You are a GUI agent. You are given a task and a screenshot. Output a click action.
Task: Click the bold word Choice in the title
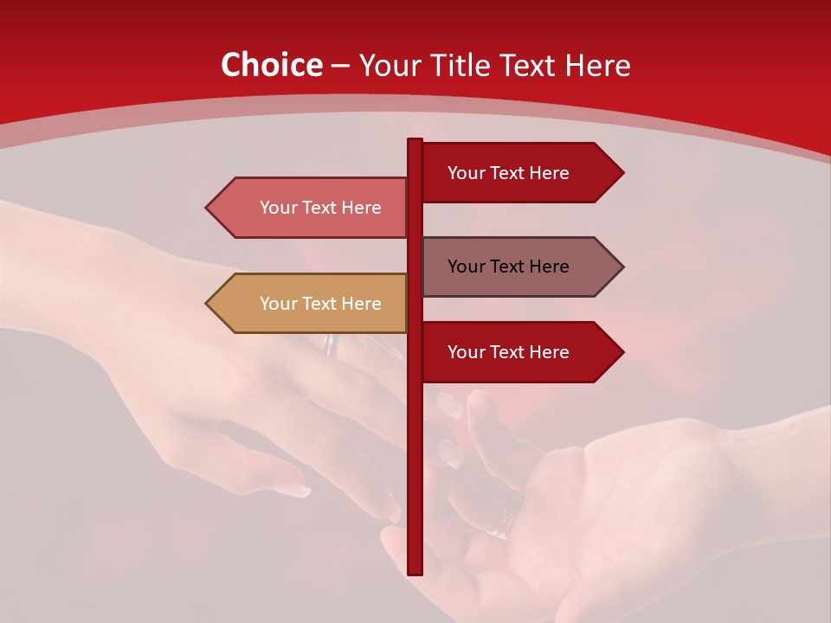pos(271,66)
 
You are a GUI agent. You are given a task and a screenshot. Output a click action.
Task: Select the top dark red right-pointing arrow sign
pos(520,173)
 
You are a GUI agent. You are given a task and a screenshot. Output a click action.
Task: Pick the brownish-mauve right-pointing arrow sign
pos(520,267)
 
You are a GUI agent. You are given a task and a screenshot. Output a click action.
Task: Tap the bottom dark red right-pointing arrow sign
pos(520,352)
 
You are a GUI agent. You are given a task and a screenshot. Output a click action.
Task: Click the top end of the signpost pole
pos(415,141)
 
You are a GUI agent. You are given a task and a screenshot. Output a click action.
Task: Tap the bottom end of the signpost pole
pos(415,572)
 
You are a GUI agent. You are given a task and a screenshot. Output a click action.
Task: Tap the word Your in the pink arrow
pos(278,208)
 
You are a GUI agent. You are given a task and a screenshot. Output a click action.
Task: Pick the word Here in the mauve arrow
pos(546,267)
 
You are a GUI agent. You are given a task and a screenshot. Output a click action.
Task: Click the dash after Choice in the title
pos(340,67)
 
